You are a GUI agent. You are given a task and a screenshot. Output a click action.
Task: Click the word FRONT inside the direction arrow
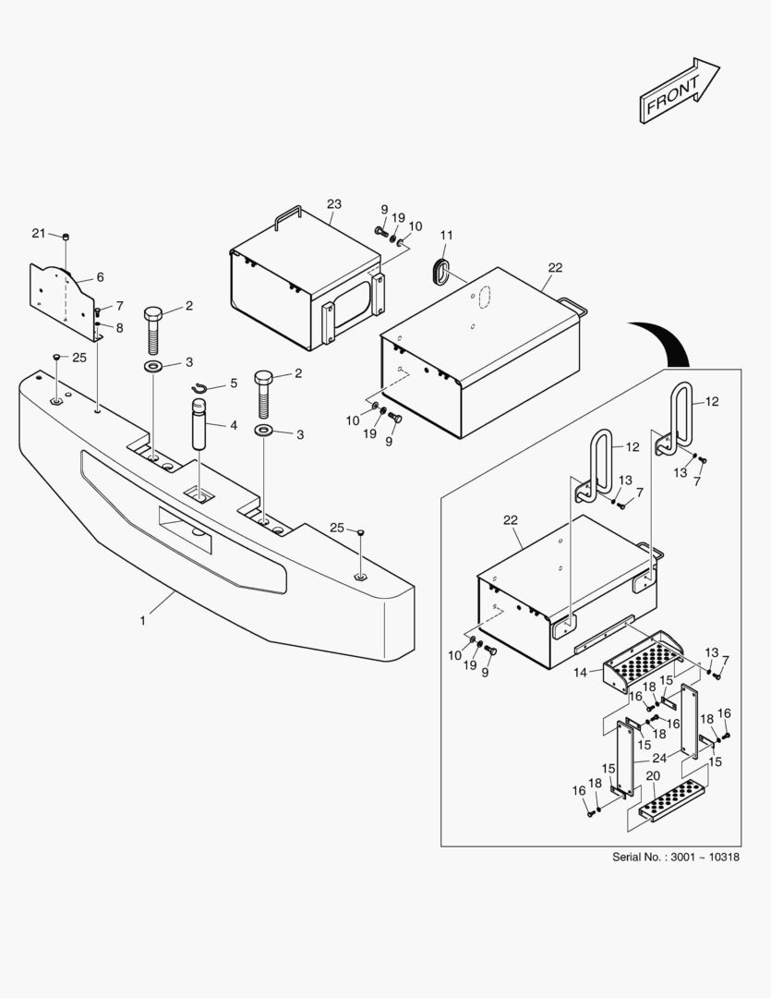click(x=673, y=94)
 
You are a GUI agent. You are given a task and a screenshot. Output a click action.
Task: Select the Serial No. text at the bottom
click(x=676, y=857)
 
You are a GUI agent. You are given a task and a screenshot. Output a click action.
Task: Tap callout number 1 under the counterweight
click(x=143, y=621)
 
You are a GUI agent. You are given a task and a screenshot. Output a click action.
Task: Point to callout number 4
click(x=234, y=425)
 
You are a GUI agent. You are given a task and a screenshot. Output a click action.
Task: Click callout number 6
click(x=100, y=276)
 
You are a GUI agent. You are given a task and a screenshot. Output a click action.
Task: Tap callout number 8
click(x=119, y=327)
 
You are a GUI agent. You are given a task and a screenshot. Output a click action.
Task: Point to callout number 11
click(x=445, y=236)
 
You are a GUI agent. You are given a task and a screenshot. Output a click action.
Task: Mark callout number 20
click(x=653, y=775)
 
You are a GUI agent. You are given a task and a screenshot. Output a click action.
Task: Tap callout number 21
click(x=38, y=233)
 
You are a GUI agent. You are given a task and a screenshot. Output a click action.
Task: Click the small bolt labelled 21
click(x=66, y=237)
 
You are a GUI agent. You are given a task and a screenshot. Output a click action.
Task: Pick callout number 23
click(x=334, y=203)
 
